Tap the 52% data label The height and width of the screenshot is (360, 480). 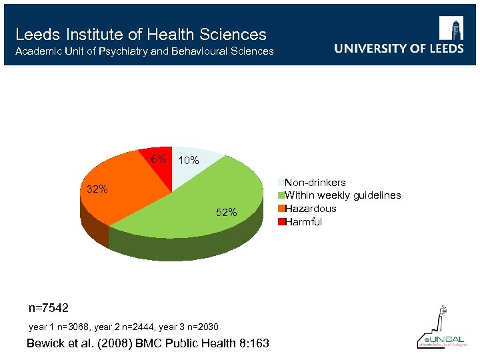click(x=226, y=213)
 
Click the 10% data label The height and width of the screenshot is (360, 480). click(x=189, y=161)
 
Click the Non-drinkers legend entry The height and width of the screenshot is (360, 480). click(x=315, y=182)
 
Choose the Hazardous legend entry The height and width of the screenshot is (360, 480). click(x=310, y=209)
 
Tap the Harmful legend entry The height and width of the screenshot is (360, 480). click(x=303, y=222)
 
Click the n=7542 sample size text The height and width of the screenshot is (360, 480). click(x=48, y=308)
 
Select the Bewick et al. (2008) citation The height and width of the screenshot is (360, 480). click(x=147, y=343)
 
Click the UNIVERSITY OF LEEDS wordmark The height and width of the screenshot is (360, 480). click(x=399, y=49)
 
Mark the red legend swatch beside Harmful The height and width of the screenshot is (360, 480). click(x=281, y=222)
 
